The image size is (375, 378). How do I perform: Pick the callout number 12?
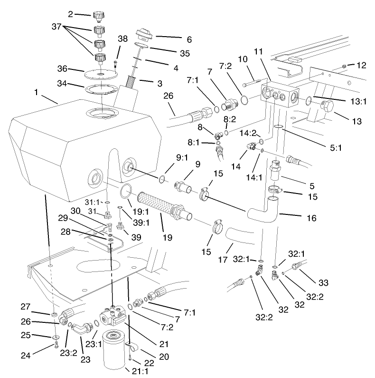click(362, 64)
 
